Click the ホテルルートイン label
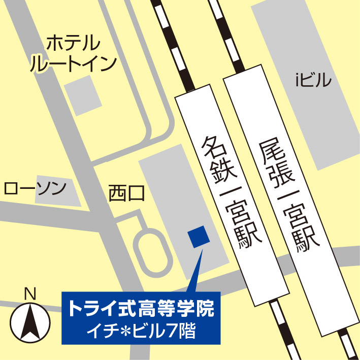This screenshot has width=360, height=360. (x=74, y=53)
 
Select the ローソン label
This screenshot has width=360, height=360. (x=35, y=189)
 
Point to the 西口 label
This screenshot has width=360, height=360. (x=127, y=193)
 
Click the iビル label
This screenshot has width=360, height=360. (x=313, y=80)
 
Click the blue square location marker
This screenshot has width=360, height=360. (x=198, y=237)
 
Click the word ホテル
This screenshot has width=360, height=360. (x=74, y=44)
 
